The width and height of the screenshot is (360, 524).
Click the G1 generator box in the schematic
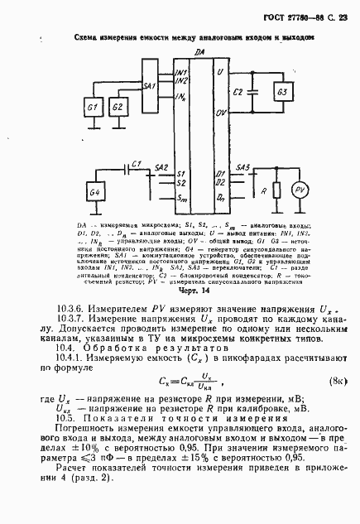(93, 108)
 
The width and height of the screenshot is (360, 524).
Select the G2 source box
(118, 108)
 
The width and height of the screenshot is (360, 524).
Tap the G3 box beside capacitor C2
(282, 91)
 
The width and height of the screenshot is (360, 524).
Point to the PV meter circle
(302, 192)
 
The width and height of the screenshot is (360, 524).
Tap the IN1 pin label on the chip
(181, 73)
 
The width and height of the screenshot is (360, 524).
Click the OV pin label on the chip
(221, 112)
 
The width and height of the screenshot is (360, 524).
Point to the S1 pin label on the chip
(180, 174)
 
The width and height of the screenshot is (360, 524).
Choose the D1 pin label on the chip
(220, 174)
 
